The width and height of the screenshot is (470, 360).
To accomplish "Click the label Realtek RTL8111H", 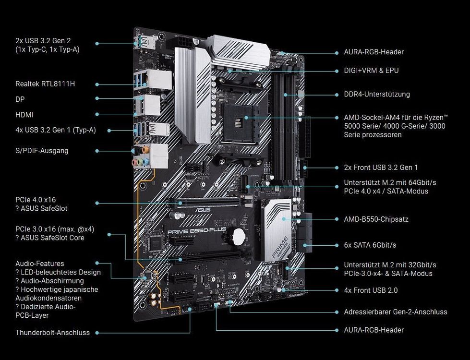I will click(45, 84).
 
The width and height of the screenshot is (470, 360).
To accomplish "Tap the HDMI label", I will click(24, 115).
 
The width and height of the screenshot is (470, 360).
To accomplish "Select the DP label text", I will click(20, 99).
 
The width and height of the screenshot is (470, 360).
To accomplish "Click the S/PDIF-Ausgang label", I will click(42, 150).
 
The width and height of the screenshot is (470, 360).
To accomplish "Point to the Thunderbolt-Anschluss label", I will click(52, 332).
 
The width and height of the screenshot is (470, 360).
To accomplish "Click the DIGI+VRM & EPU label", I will click(371, 71).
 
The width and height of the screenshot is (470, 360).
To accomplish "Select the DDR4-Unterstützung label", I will click(377, 94).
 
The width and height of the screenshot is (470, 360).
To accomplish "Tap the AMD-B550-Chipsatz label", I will click(376, 219).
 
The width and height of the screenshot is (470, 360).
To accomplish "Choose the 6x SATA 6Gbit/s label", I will click(370, 245).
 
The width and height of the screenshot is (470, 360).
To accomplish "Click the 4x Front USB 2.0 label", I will click(371, 290).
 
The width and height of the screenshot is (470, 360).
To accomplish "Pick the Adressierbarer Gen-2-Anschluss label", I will click(395, 312).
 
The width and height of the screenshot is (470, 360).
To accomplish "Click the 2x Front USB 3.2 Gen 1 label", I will click(381, 168).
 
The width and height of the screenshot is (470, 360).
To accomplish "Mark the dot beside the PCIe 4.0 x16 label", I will click(97, 204).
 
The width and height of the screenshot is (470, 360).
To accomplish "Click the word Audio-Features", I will click(39, 264).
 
